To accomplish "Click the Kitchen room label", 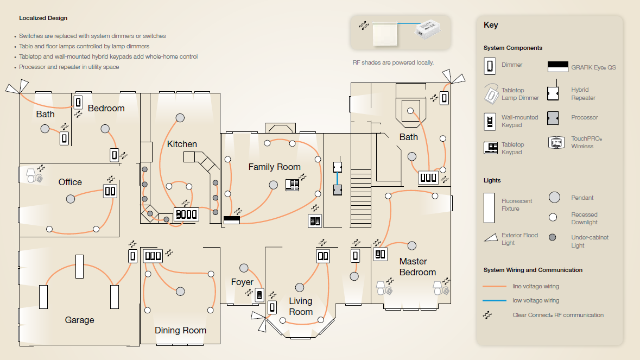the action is coord(182,144).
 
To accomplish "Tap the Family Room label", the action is coord(274,167).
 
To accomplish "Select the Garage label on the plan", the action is coord(80,320).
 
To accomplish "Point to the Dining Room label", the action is coord(180,330).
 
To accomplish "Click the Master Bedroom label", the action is coord(417,267).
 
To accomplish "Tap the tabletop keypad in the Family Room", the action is coord(292,185).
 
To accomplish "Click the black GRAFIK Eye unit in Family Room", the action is coord(232,220).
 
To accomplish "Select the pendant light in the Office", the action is coord(71,199).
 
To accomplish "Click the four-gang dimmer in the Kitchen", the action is coord(187,214).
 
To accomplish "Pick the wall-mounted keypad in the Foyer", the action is coord(259,295).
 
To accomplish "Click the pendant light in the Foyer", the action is coord(244,268).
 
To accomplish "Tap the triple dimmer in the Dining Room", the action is coord(153,256).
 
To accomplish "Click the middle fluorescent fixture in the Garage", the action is coord(80,267).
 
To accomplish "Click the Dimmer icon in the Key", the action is coord(490,66).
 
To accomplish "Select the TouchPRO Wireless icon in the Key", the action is coord(556,142).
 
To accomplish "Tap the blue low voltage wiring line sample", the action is coord(495,300).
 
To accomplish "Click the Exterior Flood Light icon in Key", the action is coord(491,237).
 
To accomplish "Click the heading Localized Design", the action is coord(43,18).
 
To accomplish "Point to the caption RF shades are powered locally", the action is coord(393,62).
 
